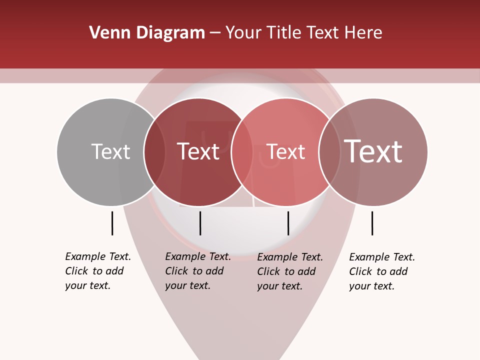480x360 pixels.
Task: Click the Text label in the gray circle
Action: pyautogui.click(x=110, y=151)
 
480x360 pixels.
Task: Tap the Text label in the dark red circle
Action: pyautogui.click(x=198, y=151)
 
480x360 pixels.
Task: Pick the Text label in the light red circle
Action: pyautogui.click(x=285, y=151)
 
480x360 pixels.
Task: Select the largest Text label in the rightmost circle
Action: pyautogui.click(x=373, y=151)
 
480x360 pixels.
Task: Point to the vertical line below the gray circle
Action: pyautogui.click(x=112, y=223)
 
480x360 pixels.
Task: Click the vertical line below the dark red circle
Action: pyautogui.click(x=200, y=223)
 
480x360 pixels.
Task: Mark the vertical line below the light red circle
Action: pyautogui.click(x=288, y=223)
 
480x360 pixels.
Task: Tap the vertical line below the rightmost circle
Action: pyautogui.click(x=372, y=223)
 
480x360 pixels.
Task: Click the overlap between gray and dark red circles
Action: pyautogui.click(x=154, y=151)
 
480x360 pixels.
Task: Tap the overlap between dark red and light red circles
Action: pyautogui.click(x=242, y=151)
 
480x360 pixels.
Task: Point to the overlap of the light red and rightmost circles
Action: pyautogui.click(x=329, y=151)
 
